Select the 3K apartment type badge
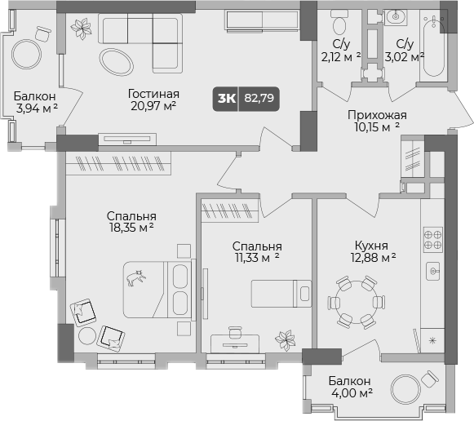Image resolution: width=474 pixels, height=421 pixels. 226,100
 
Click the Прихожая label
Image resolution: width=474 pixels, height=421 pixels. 376,115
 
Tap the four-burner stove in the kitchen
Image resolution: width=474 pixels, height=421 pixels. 432,238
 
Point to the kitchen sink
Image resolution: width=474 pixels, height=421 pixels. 432,270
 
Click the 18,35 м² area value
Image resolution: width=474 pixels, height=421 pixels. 131,228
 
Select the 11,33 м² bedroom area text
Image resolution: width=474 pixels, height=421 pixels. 256,258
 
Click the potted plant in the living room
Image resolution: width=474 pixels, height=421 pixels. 81,29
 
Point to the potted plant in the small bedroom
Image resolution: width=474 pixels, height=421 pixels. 286,338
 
